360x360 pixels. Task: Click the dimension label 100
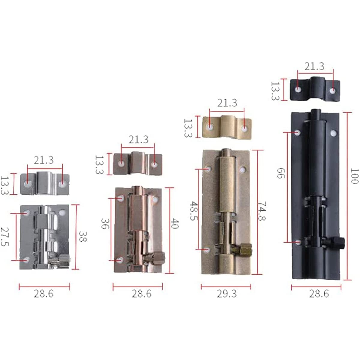[354, 176]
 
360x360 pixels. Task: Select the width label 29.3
[226, 294]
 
